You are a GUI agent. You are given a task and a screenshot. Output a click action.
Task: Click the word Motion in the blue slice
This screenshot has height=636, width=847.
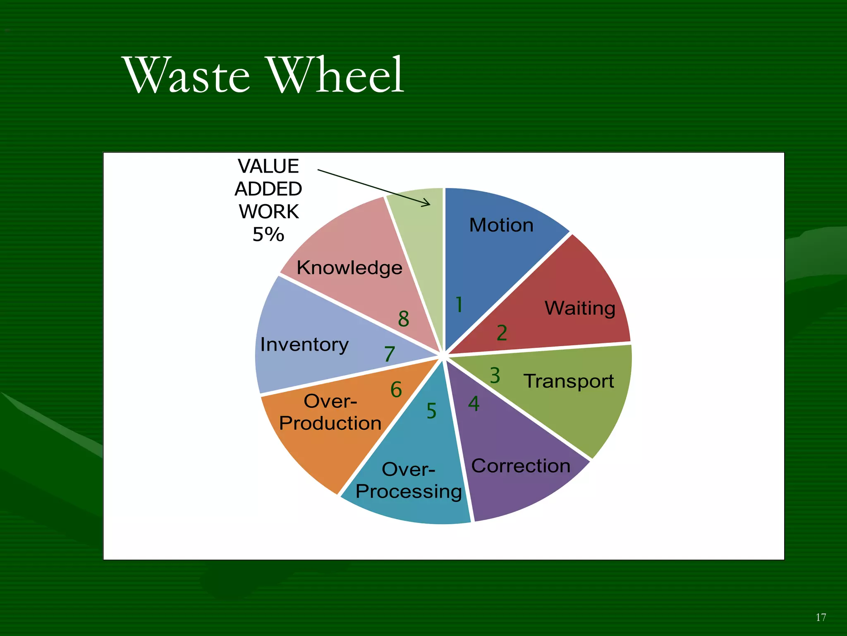click(501, 225)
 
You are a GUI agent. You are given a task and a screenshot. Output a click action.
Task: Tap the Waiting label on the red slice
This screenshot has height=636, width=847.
click(580, 308)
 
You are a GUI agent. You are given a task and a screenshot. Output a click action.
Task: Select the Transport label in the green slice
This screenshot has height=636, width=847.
click(569, 381)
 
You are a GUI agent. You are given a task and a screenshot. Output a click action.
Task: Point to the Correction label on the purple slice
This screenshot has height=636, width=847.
click(521, 466)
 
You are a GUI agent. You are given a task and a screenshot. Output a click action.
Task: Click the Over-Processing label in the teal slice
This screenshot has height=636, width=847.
click(409, 481)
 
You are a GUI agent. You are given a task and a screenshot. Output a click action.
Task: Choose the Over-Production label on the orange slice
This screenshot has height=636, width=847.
click(330, 412)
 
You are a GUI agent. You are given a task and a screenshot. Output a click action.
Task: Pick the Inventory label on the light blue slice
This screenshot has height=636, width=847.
click(304, 345)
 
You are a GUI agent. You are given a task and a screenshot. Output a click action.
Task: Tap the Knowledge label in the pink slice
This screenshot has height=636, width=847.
click(349, 268)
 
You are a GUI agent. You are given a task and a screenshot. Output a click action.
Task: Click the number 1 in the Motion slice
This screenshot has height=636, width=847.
click(459, 304)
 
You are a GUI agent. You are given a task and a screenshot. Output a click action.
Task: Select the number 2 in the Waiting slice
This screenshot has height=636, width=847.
click(502, 333)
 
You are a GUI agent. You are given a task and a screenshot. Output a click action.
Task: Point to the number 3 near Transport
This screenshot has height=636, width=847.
click(495, 376)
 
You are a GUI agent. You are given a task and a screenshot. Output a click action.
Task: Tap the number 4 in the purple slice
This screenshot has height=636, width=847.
click(474, 404)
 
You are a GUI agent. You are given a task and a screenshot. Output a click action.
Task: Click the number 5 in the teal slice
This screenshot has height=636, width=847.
click(431, 411)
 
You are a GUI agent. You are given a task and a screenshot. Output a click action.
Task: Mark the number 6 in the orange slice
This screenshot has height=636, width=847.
click(396, 390)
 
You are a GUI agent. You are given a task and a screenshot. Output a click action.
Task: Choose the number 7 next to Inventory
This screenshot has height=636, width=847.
click(390, 354)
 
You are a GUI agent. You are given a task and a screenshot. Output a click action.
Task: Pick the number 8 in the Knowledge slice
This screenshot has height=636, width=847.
click(404, 319)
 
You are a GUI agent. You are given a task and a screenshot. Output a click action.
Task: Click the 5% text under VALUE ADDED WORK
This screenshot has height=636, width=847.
click(268, 235)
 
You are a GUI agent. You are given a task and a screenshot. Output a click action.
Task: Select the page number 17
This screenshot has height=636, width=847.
click(821, 617)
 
